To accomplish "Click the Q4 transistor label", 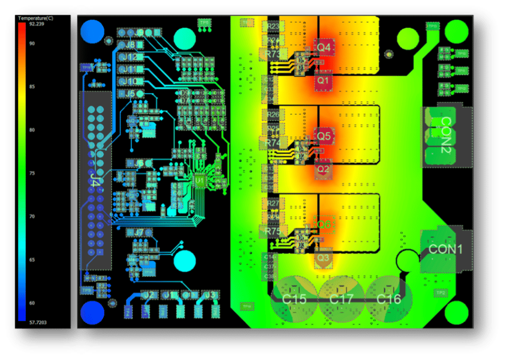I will (324, 47).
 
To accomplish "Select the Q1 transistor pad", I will (324, 80).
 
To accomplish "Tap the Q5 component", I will (324, 135).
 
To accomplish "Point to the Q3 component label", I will (323, 258).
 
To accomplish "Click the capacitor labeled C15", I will (294, 299).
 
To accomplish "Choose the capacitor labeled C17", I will (341, 299).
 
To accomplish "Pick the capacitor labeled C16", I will (388, 299).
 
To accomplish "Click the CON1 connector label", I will (445, 249).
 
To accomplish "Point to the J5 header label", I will (130, 93).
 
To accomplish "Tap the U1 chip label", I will (199, 181).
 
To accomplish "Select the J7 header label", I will (139, 232).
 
